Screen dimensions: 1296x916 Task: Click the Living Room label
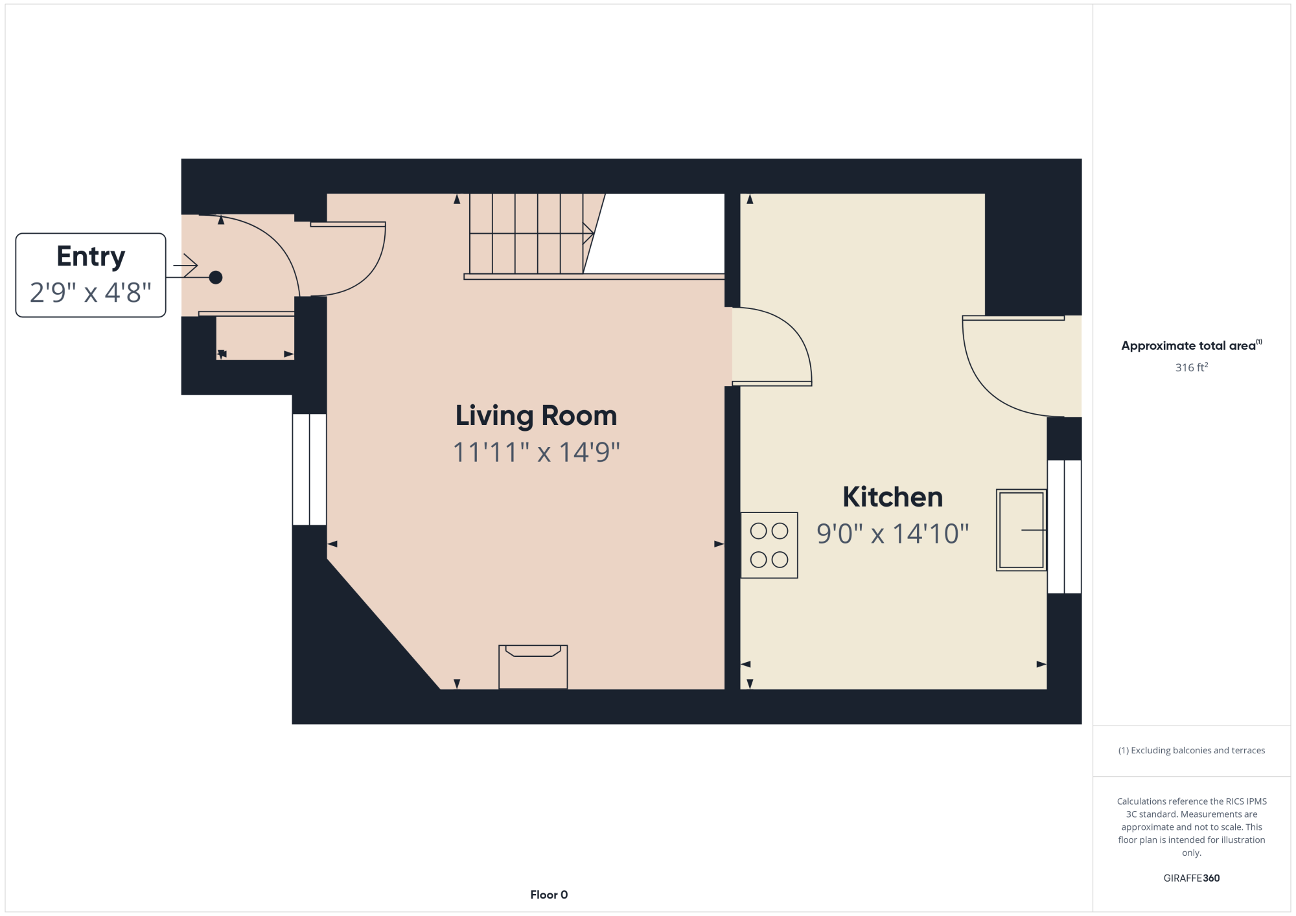tap(536, 416)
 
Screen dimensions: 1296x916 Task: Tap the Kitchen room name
tap(892, 497)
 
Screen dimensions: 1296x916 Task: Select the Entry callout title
tap(91, 257)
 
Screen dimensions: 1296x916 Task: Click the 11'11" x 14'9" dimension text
tap(536, 452)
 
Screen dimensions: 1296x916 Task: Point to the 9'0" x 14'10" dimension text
tap(892, 534)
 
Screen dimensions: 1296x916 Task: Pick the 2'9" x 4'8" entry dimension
tap(91, 293)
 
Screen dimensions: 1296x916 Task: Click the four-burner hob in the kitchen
tap(769, 545)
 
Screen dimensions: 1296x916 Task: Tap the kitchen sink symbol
tap(1021, 530)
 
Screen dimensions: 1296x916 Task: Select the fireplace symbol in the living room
tap(533, 667)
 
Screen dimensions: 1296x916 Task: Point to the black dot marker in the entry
tap(216, 277)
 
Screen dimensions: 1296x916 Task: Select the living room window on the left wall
tap(309, 469)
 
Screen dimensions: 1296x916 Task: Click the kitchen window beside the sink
tap(1064, 527)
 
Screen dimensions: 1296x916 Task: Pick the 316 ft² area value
tap(1192, 367)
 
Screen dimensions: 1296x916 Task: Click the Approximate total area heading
tap(1192, 345)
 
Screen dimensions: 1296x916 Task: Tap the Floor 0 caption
tap(549, 895)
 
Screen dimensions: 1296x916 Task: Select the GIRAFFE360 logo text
tap(1192, 878)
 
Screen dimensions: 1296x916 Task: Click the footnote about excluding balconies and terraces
tap(1192, 750)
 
